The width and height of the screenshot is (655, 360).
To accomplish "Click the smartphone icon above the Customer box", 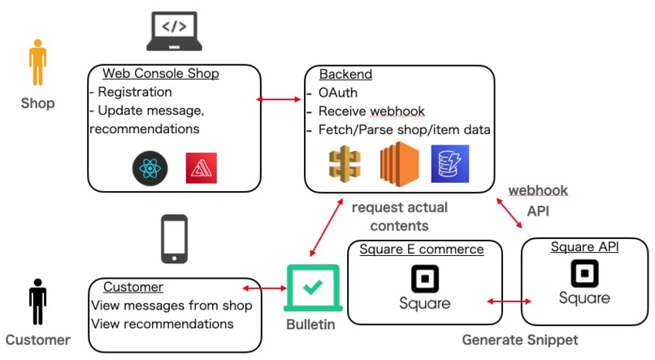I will click(174, 239).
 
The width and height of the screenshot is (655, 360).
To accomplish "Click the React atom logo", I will click(150, 168).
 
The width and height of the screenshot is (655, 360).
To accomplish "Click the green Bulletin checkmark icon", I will click(312, 288).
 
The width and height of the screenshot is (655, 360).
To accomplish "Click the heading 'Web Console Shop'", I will click(160, 74).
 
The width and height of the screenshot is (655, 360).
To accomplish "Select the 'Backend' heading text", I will click(345, 74).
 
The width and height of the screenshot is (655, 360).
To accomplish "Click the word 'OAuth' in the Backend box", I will click(338, 93).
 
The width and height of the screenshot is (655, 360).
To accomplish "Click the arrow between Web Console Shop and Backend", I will click(280, 99).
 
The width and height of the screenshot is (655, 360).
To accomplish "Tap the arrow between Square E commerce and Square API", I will click(504, 301).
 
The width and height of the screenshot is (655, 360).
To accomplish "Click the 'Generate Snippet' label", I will click(520, 340).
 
